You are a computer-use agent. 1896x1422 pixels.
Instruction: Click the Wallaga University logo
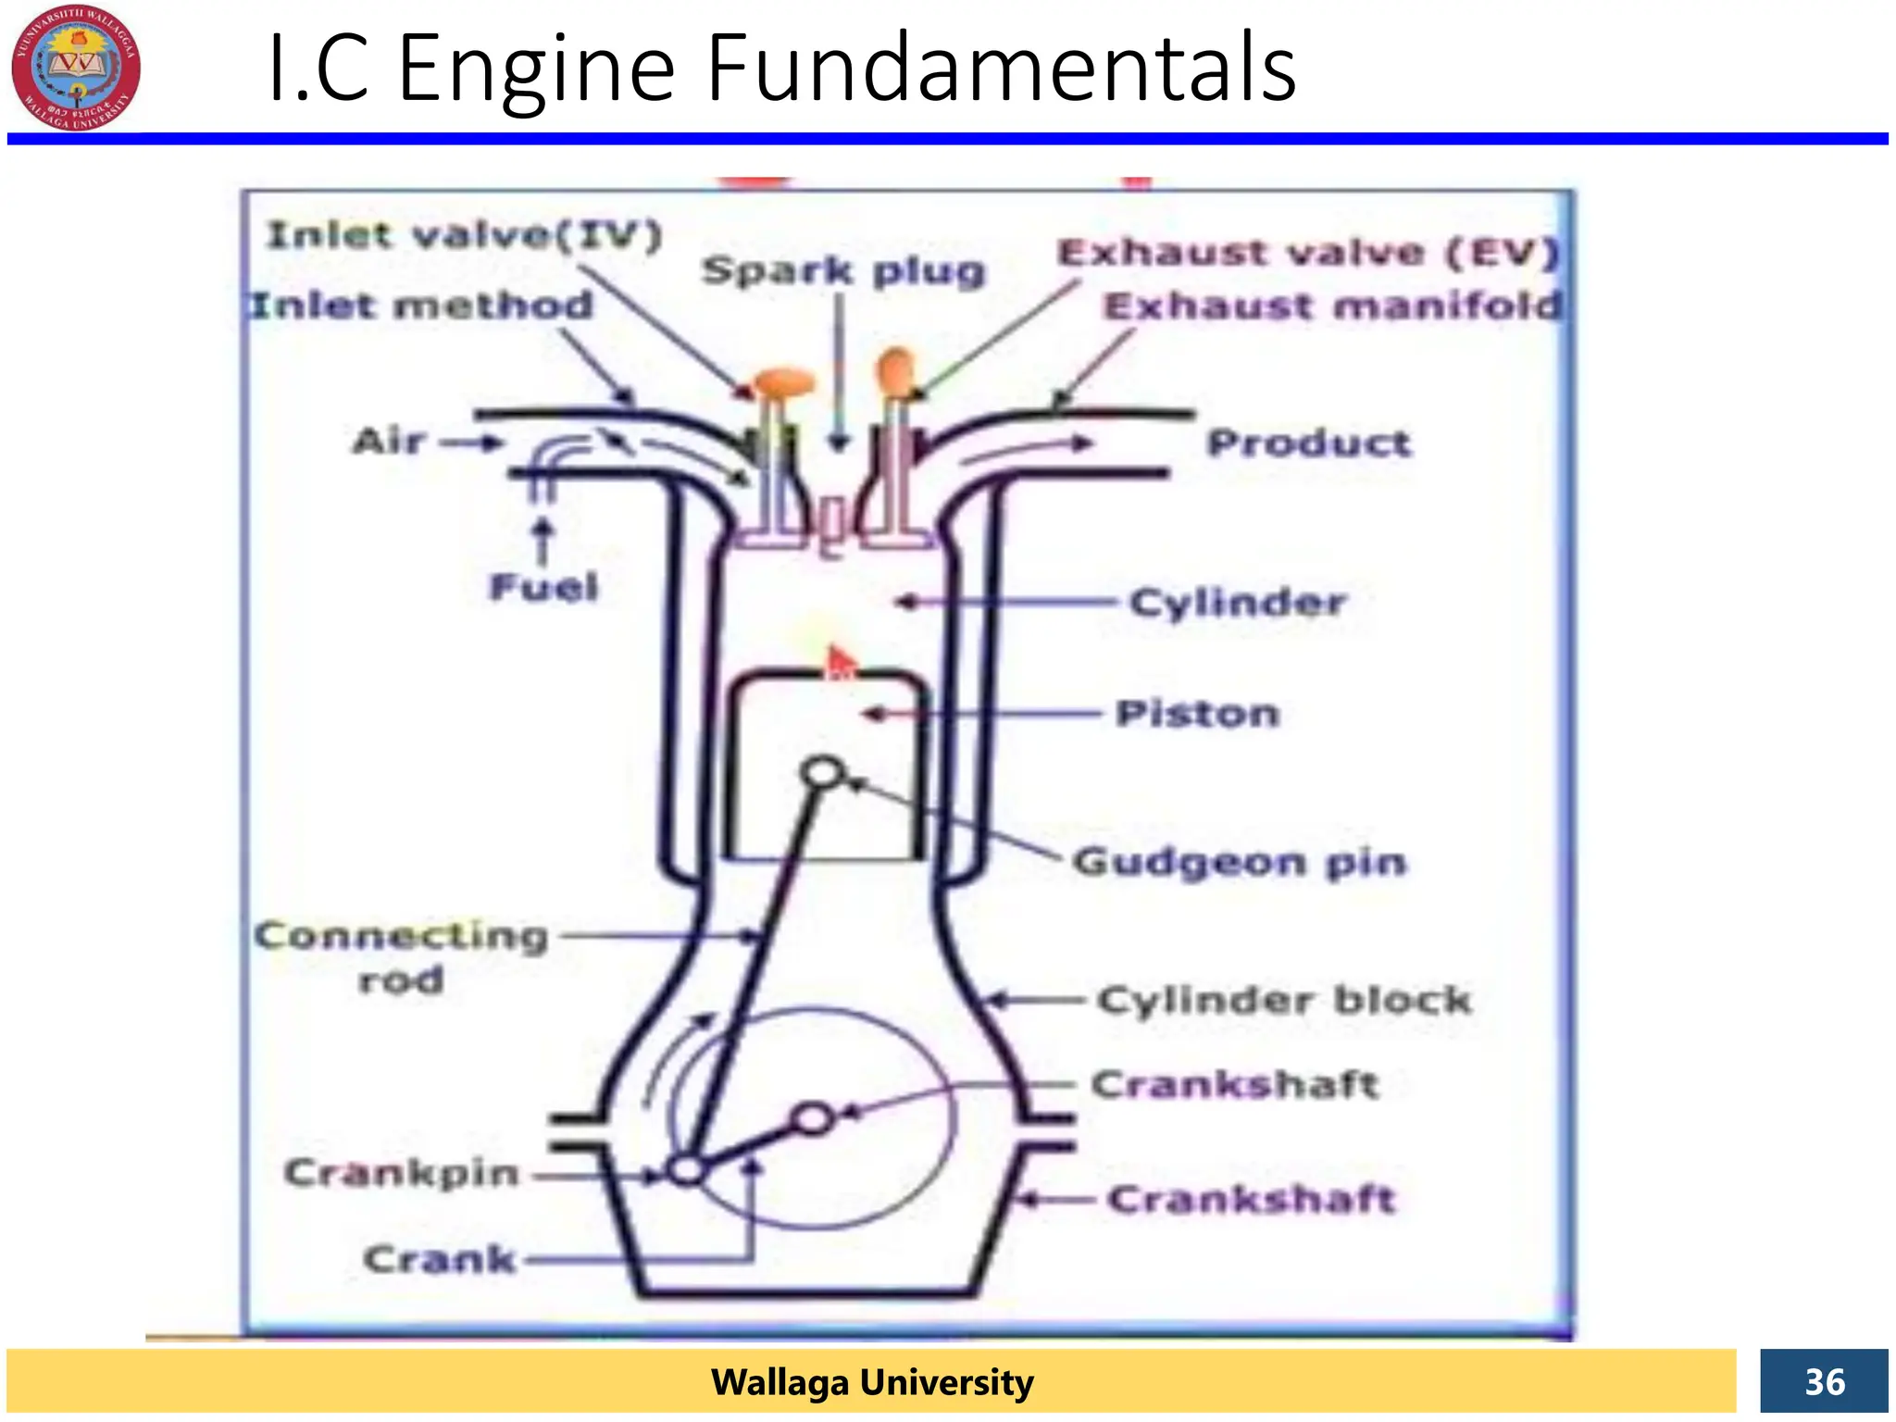click(76, 67)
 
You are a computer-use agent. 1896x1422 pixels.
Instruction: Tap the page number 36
click(1824, 1381)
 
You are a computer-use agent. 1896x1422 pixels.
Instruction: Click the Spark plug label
click(843, 270)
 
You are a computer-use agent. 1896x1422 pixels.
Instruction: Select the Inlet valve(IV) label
click(465, 235)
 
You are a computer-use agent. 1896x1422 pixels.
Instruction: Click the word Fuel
click(543, 587)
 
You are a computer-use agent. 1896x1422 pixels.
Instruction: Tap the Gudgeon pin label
click(1240, 862)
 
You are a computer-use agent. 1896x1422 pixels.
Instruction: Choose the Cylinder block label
click(1285, 1000)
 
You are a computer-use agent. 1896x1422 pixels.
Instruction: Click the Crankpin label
click(401, 1173)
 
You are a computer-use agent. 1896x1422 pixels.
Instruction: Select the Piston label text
click(1197, 713)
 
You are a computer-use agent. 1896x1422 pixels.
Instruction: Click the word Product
click(1309, 443)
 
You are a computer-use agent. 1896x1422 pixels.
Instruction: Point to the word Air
click(389, 441)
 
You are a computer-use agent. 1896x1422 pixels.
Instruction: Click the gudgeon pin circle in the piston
click(823, 772)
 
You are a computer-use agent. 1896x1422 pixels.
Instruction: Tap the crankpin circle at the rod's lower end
click(686, 1170)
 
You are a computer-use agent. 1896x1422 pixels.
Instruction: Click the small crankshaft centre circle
click(814, 1119)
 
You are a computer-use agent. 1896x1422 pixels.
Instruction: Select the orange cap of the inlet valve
click(785, 381)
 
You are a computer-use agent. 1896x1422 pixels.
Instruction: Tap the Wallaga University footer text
click(871, 1381)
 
